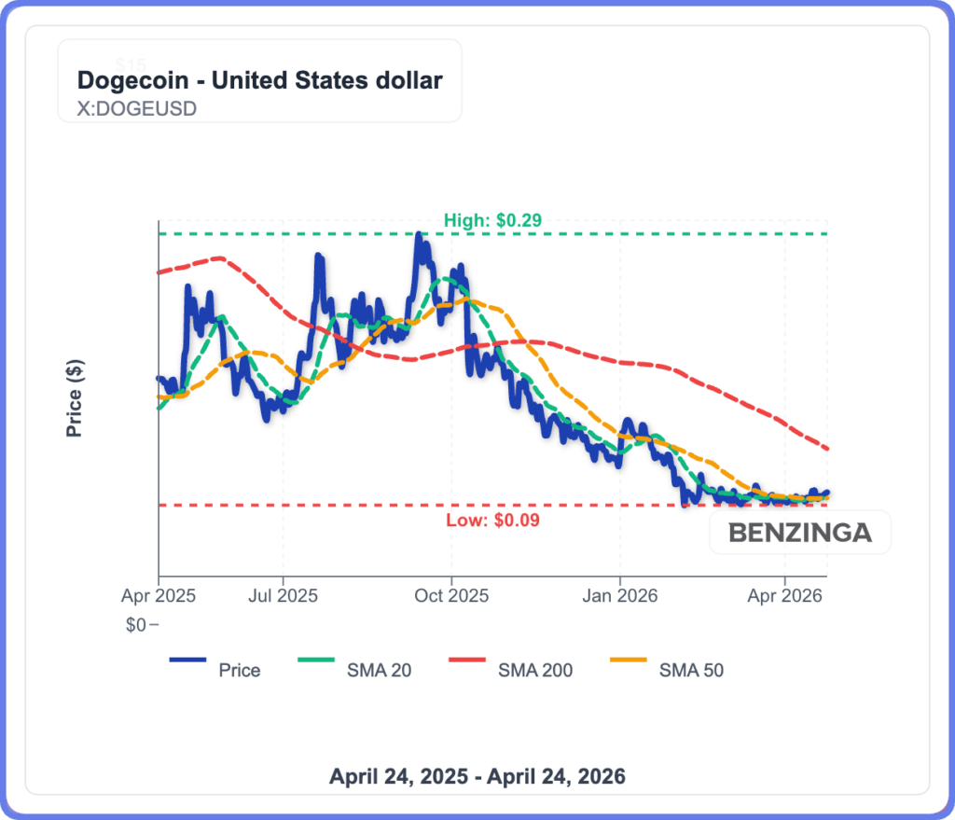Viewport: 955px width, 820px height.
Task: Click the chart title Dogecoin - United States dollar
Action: tap(259, 80)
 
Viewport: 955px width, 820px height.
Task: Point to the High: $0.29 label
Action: tap(492, 220)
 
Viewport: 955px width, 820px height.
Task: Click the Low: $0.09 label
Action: tap(493, 520)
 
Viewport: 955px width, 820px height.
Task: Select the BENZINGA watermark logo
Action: tap(800, 533)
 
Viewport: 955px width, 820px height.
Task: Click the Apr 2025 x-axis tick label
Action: tap(158, 593)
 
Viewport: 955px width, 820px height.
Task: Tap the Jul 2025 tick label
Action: tap(283, 593)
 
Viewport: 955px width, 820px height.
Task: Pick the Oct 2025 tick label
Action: tap(451, 593)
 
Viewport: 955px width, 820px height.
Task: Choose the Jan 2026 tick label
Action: tap(620, 593)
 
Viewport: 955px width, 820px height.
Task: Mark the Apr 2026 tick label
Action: tap(784, 593)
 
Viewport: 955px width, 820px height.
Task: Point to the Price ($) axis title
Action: tap(75, 398)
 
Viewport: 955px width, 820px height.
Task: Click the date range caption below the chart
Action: tap(477, 776)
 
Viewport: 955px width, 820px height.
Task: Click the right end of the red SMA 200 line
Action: tap(827, 449)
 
